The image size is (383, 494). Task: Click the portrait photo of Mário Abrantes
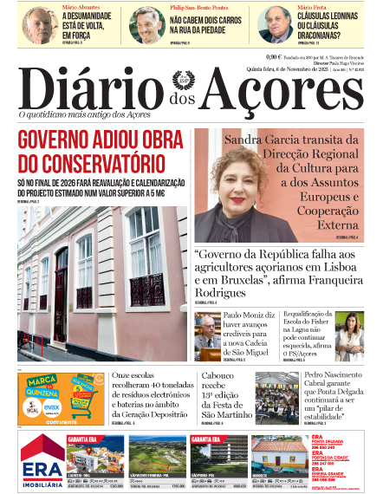[x=40, y=24]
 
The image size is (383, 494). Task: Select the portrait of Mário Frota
[x=275, y=24]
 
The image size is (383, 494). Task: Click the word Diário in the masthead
[x=95, y=87]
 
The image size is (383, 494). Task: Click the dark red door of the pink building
[x=61, y=295]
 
